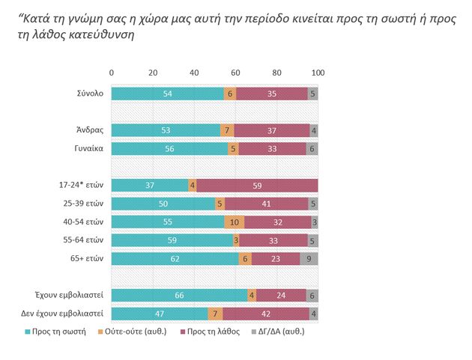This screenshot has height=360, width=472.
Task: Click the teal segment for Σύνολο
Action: point(167,94)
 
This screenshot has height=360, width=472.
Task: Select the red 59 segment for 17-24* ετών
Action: point(257,185)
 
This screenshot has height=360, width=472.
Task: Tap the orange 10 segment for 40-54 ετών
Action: point(235,222)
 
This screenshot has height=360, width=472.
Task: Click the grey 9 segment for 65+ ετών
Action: point(309,258)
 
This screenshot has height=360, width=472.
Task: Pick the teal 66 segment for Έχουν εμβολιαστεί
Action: point(179,295)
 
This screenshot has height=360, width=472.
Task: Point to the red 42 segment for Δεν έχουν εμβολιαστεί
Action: point(265,313)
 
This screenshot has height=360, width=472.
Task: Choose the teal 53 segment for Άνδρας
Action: point(166,130)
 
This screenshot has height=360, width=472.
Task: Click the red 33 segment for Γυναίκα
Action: point(272,148)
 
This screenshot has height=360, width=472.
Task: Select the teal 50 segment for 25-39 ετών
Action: point(163,203)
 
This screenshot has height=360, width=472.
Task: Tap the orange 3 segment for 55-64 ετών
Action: point(236,240)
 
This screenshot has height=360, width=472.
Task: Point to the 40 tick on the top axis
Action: point(194,72)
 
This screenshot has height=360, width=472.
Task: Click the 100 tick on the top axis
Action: point(318,72)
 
